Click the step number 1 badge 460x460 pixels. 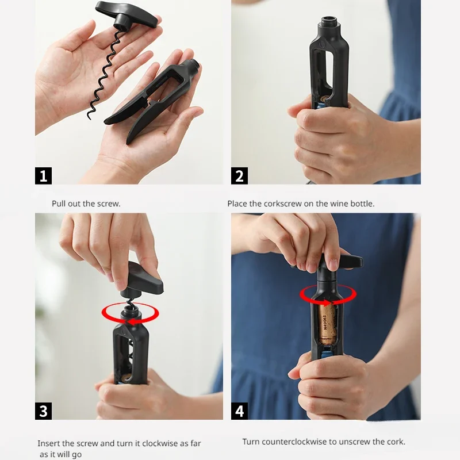(x=44, y=176)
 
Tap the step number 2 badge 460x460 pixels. (x=239, y=176)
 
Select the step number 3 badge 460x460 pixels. (x=44, y=411)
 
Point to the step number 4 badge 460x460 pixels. (x=239, y=411)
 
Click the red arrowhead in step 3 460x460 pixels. (x=131, y=322)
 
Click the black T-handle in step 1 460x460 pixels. (x=129, y=16)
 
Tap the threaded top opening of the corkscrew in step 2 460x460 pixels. (x=329, y=21)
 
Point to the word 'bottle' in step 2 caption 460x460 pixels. (x=363, y=204)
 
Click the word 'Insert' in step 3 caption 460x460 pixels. (x=48, y=443)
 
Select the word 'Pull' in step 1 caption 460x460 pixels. (x=59, y=204)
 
